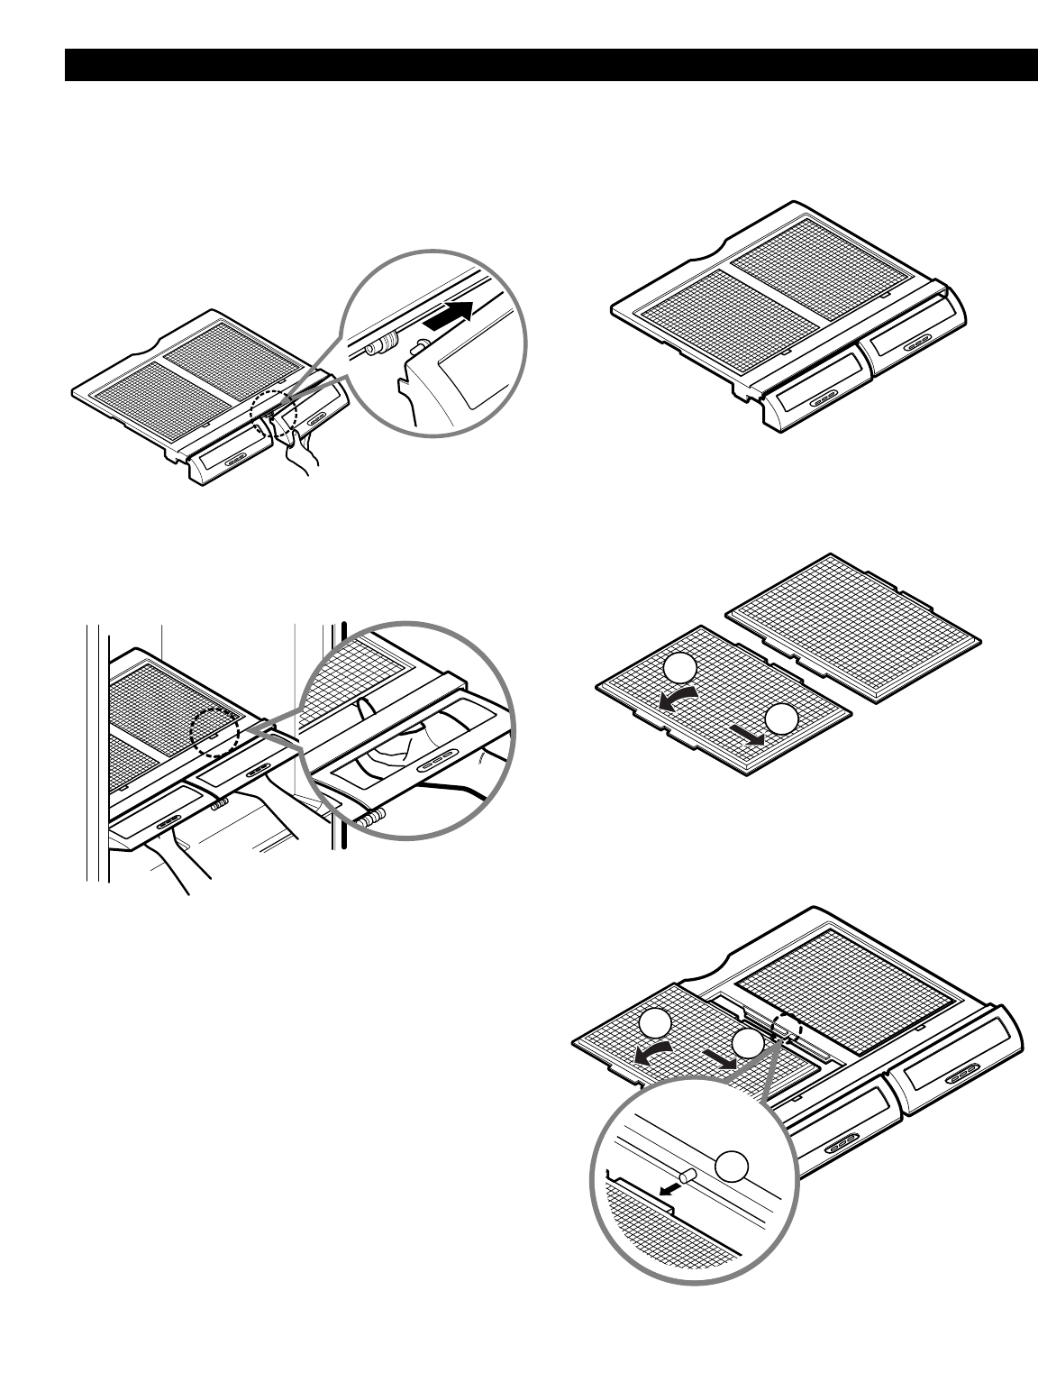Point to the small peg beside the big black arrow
coord(419,343)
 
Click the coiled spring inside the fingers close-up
coord(370,817)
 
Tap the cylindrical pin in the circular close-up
coord(688,1176)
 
